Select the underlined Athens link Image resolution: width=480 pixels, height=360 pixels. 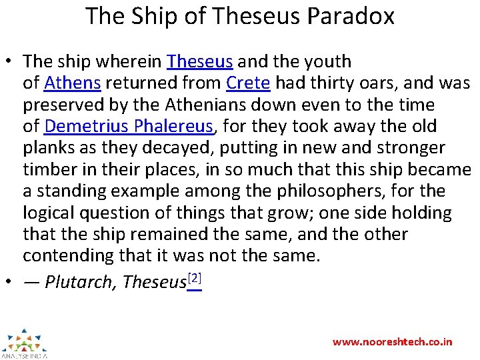click(72, 83)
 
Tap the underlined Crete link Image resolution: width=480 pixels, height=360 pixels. click(248, 83)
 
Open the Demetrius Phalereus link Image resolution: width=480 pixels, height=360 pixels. click(129, 126)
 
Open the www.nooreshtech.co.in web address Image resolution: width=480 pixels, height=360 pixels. click(392, 341)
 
